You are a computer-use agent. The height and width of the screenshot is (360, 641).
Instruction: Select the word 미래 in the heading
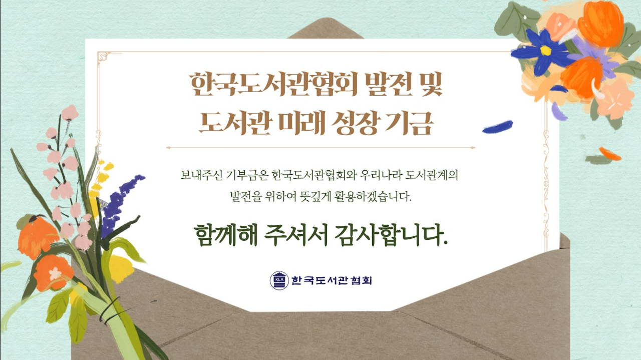click(x=302, y=123)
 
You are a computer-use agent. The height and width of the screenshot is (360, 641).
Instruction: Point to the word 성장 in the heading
click(x=355, y=123)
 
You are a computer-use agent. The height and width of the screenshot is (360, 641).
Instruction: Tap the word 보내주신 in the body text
click(x=201, y=175)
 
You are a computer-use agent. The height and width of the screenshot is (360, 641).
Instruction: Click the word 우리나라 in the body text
click(x=381, y=175)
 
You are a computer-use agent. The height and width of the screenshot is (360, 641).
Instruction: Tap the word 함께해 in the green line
click(x=225, y=235)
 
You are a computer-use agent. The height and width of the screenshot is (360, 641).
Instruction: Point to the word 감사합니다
click(x=391, y=235)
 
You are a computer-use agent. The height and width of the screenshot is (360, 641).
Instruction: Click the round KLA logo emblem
click(x=279, y=280)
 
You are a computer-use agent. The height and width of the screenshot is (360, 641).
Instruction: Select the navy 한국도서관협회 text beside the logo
click(x=332, y=280)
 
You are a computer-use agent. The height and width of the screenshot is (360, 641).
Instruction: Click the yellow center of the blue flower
click(x=545, y=51)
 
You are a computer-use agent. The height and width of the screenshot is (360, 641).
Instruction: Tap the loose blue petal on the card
click(x=497, y=127)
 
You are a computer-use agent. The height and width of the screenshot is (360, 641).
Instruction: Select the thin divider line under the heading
click(x=320, y=148)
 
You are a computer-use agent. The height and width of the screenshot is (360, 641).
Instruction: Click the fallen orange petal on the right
click(x=610, y=154)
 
